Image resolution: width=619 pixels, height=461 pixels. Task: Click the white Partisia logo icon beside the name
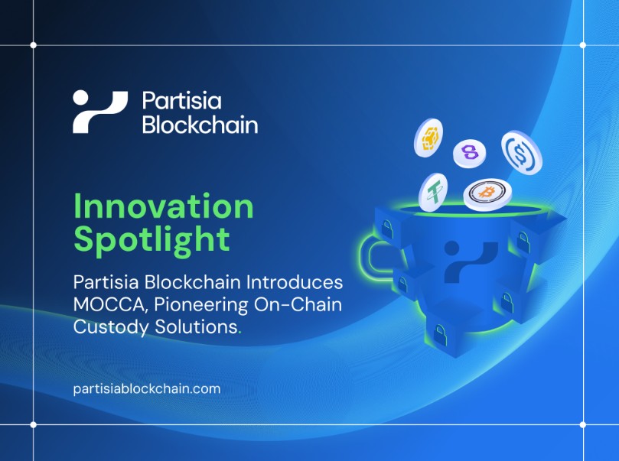[100, 112]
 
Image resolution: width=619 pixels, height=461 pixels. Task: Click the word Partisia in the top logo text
[181, 101]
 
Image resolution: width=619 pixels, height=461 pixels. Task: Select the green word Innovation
[164, 206]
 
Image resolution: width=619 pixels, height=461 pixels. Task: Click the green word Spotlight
[151, 240]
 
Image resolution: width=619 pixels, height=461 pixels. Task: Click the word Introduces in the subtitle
[295, 282]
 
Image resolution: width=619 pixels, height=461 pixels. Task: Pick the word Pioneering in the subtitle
[201, 305]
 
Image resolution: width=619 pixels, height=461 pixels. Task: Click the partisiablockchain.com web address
[147, 389]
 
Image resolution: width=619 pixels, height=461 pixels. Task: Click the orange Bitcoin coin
[487, 194]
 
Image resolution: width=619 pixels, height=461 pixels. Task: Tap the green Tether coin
[433, 192]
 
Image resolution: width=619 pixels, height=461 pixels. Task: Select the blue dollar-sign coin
[522, 153]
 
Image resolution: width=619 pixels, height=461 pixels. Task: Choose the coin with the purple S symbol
[469, 154]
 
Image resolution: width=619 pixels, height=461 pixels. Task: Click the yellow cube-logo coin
[428, 138]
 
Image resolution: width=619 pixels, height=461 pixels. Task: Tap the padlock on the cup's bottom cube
[440, 335]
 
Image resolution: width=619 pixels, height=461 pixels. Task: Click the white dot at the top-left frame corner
[33, 45]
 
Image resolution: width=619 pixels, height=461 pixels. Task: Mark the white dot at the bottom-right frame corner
[583, 425]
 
